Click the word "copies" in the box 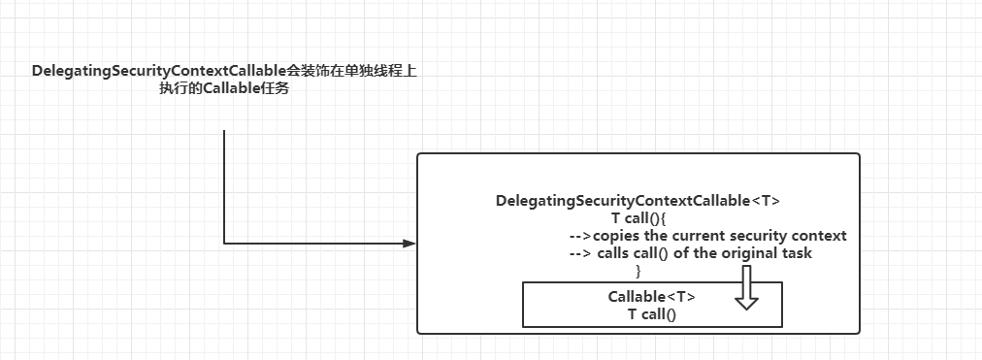[x=617, y=236]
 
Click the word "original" [x=739, y=253]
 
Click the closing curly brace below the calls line [x=638, y=270]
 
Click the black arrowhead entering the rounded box [x=408, y=244]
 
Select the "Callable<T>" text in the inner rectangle [x=651, y=297]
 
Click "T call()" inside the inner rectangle [x=651, y=313]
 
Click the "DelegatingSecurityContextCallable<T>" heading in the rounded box [x=638, y=201]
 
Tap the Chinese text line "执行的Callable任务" [x=225, y=89]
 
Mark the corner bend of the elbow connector [x=224, y=244]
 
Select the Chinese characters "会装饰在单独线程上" [x=352, y=72]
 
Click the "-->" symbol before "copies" [x=580, y=236]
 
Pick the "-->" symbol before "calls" [x=580, y=253]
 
